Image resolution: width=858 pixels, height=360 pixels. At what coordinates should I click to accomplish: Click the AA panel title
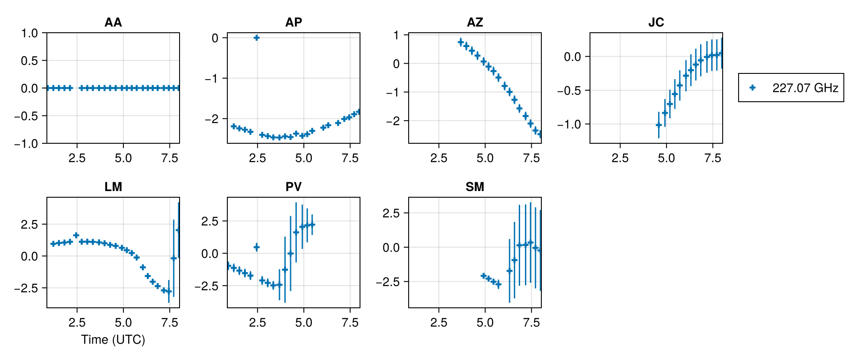click(x=113, y=22)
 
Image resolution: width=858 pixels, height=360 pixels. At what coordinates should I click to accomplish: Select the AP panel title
click(x=294, y=22)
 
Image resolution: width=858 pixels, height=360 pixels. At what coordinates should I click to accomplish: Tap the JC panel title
click(x=656, y=22)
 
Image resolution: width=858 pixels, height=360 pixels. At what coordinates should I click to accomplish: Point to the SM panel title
click(x=475, y=187)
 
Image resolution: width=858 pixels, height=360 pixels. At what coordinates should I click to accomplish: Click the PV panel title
click(x=294, y=187)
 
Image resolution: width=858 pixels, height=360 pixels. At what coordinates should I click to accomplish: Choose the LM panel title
click(x=113, y=187)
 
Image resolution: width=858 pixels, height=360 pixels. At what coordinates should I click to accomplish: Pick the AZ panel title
click(x=475, y=22)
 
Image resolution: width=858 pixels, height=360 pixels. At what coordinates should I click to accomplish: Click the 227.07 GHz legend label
click(x=805, y=88)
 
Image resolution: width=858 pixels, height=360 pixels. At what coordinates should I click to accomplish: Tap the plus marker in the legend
click(x=752, y=88)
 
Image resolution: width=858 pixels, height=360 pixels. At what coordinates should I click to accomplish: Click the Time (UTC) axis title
click(x=113, y=340)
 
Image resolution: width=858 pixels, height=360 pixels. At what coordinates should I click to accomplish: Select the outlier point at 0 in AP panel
click(x=257, y=38)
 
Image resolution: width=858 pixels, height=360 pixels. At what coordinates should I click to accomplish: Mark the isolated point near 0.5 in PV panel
click(x=257, y=247)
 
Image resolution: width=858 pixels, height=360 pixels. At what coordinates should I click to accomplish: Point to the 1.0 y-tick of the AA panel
click(x=30, y=33)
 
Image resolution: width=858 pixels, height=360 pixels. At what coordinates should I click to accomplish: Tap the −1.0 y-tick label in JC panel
click(x=569, y=124)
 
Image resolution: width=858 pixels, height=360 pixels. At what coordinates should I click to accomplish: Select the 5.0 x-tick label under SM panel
click(x=485, y=323)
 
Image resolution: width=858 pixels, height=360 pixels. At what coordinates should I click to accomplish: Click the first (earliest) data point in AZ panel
click(x=460, y=42)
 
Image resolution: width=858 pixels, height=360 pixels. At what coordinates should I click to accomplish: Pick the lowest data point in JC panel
click(x=659, y=125)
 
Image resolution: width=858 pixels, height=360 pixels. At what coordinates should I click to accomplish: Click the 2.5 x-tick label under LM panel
click(x=77, y=323)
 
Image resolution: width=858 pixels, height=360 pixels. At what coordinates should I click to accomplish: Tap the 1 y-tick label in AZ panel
click(x=396, y=35)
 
